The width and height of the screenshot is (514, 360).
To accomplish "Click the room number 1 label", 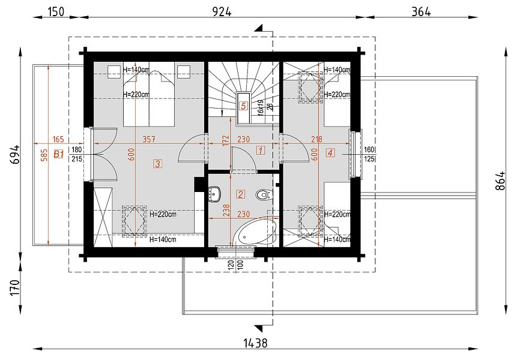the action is [x=260, y=151].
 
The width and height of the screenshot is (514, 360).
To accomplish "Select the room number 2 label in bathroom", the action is [x=241, y=194].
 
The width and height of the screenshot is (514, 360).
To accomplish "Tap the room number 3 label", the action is [x=158, y=163].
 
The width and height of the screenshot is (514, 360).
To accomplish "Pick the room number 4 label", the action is [x=330, y=152].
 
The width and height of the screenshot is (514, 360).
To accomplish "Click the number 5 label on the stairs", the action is [x=243, y=106].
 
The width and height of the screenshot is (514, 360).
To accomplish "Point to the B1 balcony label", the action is [x=58, y=154].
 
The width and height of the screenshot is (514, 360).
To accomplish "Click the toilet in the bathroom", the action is [x=263, y=194].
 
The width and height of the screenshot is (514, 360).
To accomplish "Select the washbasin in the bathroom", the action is [x=214, y=193].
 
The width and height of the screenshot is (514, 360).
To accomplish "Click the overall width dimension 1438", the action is [x=255, y=343].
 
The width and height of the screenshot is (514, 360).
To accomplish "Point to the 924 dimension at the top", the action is [x=222, y=12].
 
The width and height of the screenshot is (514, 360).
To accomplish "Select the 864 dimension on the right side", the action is [x=501, y=181].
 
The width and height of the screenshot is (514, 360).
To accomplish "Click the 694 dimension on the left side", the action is [x=15, y=155].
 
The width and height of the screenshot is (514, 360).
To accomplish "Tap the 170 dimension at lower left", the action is [x=15, y=287].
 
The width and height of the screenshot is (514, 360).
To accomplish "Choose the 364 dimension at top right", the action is [x=421, y=12].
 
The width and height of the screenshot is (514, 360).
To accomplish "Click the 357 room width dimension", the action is [x=149, y=139].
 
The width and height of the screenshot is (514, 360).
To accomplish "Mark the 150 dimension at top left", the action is [x=56, y=12].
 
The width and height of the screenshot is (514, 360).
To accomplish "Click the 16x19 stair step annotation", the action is [x=261, y=106].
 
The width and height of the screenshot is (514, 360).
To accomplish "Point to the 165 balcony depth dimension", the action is [x=58, y=139].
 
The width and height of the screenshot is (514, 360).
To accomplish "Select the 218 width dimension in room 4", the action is [x=316, y=139].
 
